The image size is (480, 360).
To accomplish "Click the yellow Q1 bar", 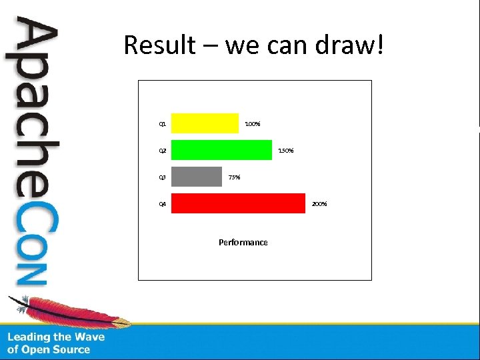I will click(205, 123).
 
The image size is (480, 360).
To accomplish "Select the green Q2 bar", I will click(221, 150).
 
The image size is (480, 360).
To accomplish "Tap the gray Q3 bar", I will click(196, 177).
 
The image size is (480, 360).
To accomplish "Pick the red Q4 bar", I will click(238, 203).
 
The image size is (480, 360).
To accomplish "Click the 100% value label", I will click(253, 124).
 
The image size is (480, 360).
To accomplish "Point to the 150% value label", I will click(286, 151).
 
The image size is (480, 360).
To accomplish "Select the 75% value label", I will click(234, 177).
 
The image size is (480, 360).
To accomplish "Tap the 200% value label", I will click(319, 204).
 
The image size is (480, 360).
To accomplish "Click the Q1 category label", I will click(162, 124).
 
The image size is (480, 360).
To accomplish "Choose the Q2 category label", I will click(162, 151).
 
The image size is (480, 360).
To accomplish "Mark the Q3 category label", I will click(162, 177).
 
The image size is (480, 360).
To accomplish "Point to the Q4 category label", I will click(162, 204).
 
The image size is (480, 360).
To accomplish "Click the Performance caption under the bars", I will click(243, 243).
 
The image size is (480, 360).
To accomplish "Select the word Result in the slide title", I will click(159, 45).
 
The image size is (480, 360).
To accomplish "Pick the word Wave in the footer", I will click(89, 337).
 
